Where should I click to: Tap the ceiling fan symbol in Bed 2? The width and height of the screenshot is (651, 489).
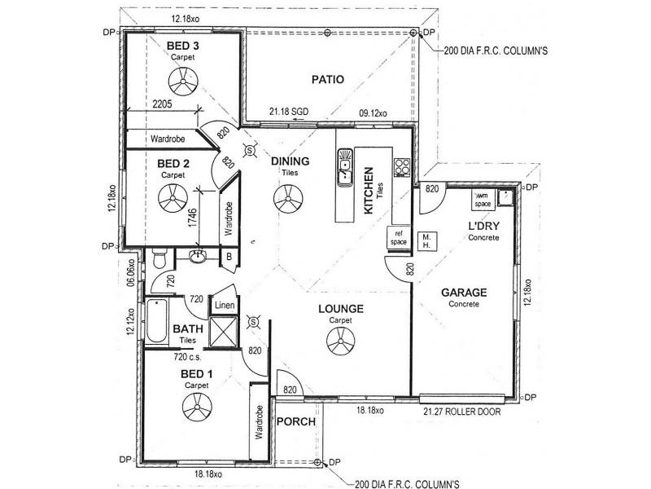pos(172,197)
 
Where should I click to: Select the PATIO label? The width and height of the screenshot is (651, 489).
pos(329,80)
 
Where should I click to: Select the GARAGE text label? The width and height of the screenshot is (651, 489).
pos(464,292)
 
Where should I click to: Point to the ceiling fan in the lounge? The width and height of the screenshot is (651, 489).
pos(340,347)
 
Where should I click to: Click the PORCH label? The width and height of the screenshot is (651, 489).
pos(291,422)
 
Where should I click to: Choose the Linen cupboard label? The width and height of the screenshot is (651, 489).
pos(225,306)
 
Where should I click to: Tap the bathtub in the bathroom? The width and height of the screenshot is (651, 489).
pos(157,322)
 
